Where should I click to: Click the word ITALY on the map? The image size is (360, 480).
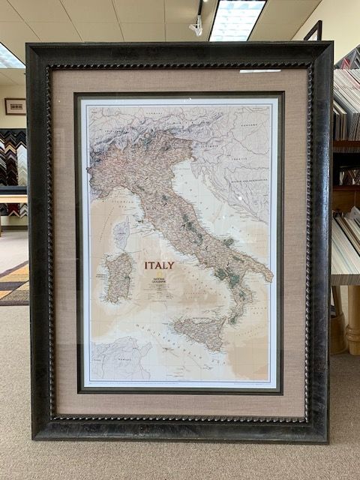click(159, 265)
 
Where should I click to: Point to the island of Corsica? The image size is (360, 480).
click(121, 232)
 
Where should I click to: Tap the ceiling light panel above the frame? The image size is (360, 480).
click(236, 19)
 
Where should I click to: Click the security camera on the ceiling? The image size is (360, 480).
click(196, 26)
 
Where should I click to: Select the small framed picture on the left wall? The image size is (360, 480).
click(15, 106)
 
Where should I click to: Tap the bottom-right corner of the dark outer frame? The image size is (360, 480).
click(328, 441)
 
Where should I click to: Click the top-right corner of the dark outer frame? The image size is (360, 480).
click(331, 43)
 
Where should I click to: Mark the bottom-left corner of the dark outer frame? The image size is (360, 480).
click(33, 438)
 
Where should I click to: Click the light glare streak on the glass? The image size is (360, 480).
click(259, 71)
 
